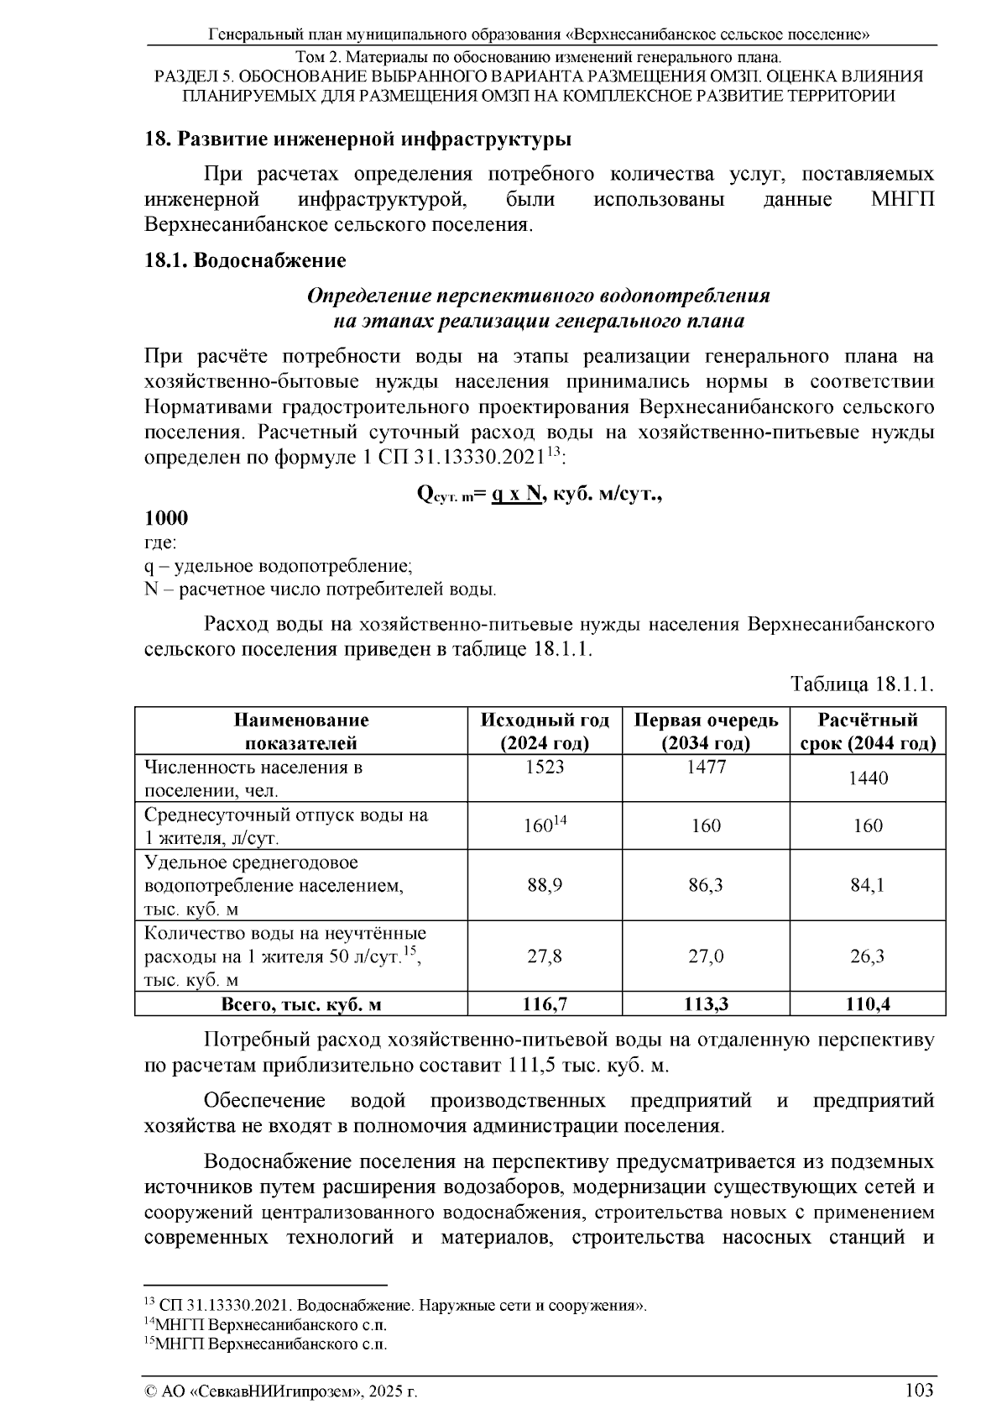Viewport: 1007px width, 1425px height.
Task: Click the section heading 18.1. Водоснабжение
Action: click(245, 260)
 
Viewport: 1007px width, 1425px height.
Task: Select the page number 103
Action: click(919, 1391)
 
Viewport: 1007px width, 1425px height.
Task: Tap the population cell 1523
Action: click(545, 767)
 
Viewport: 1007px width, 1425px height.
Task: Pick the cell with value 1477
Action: click(706, 767)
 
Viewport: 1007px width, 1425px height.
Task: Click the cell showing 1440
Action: click(868, 778)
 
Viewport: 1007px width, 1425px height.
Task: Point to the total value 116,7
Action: click(545, 1003)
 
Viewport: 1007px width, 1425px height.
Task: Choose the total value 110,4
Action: click(868, 1003)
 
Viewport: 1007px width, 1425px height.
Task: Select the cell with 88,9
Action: click(545, 885)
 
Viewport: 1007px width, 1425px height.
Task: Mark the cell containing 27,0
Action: click(706, 956)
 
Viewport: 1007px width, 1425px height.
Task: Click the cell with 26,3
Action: click(868, 956)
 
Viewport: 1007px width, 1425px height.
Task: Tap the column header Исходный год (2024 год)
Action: click(545, 731)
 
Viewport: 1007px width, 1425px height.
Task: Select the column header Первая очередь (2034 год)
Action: click(706, 731)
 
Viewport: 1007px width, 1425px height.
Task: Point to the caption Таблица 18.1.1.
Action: click(862, 684)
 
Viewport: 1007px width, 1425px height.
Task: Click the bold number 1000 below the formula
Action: click(166, 518)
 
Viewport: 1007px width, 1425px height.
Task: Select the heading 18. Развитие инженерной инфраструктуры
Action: click(357, 139)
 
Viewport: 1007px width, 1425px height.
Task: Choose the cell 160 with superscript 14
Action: click(545, 825)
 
